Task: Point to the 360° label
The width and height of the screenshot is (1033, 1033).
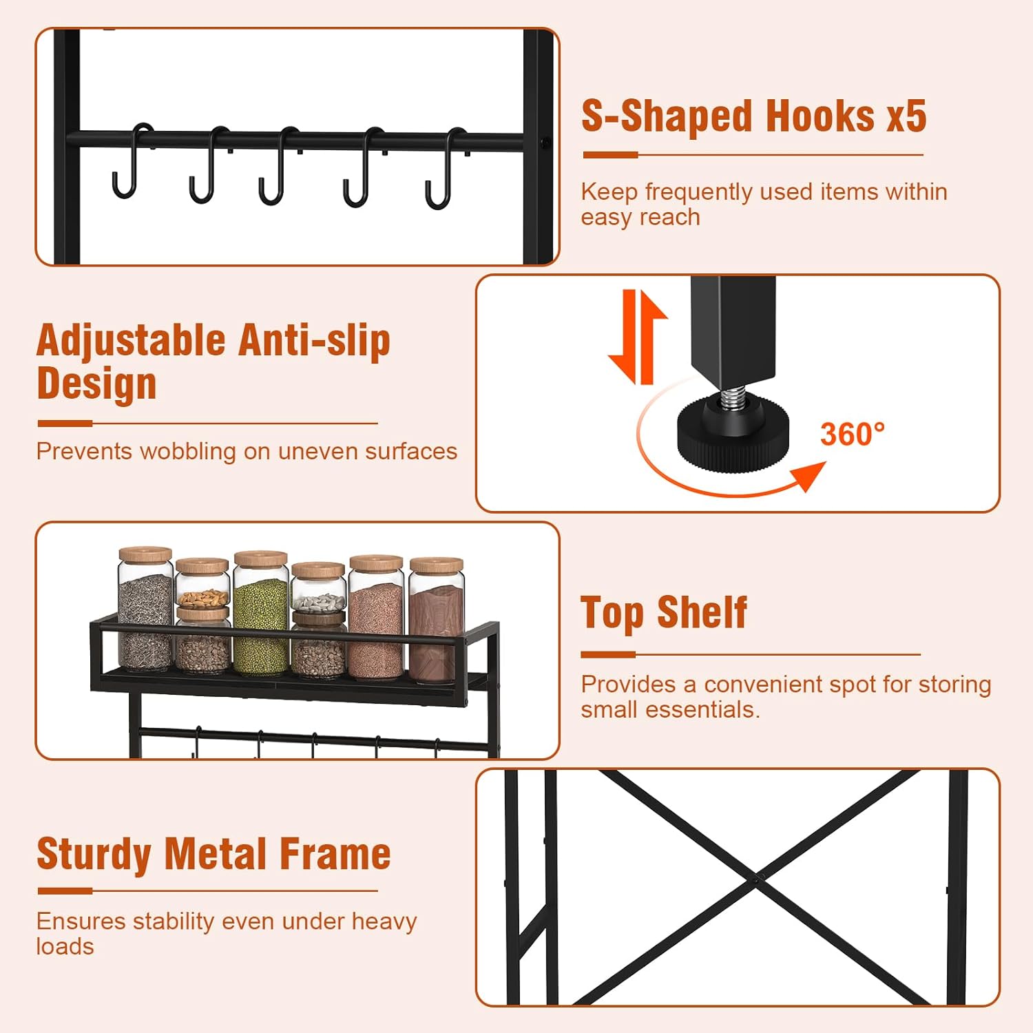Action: tap(853, 435)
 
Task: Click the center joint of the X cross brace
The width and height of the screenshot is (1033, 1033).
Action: tap(758, 879)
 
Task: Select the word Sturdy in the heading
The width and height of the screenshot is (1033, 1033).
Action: tap(94, 854)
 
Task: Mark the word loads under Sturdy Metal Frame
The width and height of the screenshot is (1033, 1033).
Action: tap(65, 947)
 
